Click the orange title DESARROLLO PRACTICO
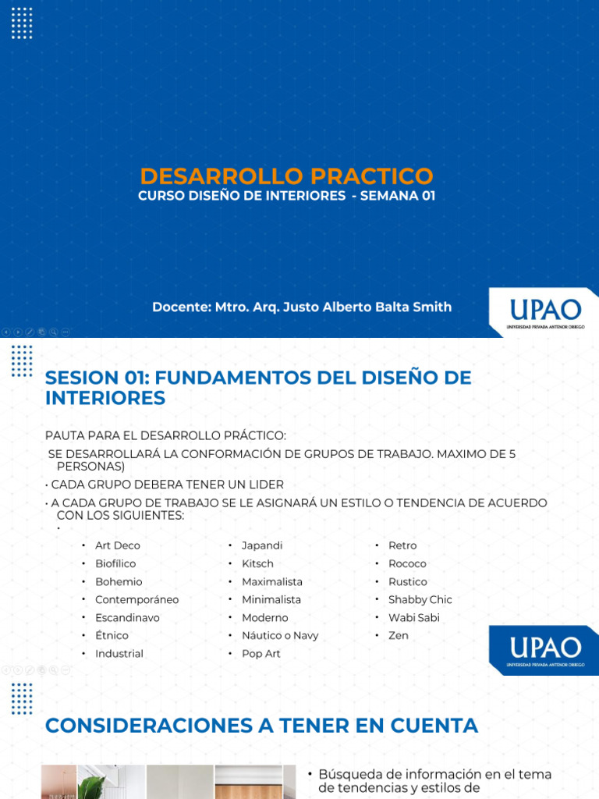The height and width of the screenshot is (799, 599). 286,176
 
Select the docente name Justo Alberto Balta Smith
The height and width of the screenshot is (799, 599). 302,307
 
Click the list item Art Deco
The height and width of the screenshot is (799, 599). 118,545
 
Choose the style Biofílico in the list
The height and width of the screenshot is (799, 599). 115,563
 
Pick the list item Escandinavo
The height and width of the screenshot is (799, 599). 127,617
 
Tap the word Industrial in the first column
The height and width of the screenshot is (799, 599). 119,653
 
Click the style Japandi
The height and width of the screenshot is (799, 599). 262,545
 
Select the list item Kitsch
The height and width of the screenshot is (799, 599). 257,563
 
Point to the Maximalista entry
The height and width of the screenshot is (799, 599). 272,581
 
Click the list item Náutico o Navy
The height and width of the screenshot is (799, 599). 280,635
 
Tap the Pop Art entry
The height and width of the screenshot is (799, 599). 261,653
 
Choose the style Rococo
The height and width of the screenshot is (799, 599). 407,563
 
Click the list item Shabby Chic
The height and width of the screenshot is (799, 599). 420,599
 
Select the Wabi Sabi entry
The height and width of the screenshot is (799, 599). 414,617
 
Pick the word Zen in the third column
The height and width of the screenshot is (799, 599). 399,635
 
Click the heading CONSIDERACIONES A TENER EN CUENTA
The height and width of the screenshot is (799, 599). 261,726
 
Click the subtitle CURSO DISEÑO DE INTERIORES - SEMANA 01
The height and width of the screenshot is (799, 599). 286,196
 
